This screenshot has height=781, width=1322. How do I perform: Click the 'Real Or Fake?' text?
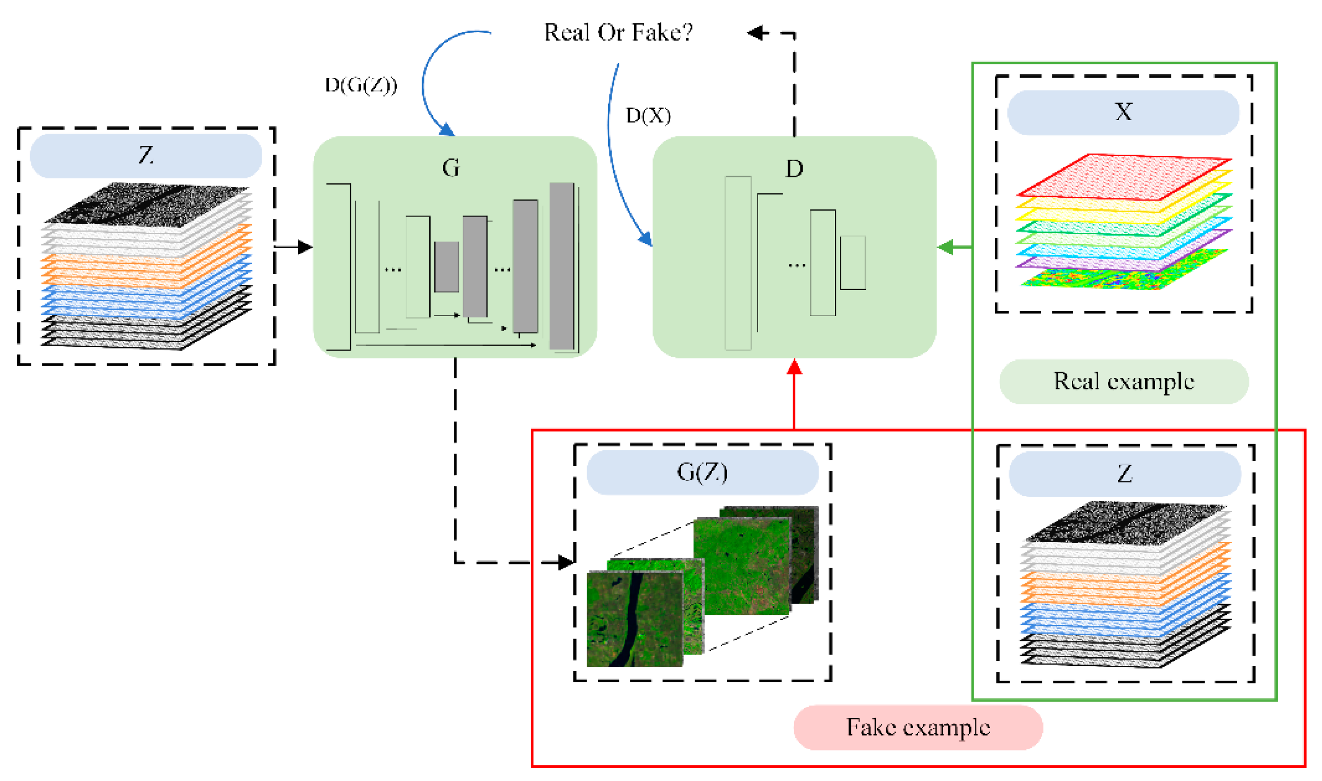click(x=618, y=33)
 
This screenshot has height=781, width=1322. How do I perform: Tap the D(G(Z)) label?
click(x=361, y=85)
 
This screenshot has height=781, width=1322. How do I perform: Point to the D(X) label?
click(x=648, y=115)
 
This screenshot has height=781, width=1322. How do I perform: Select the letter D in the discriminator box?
click(x=794, y=169)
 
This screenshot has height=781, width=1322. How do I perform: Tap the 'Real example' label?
click(x=1124, y=382)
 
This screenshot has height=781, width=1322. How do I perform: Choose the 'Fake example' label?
click(x=918, y=727)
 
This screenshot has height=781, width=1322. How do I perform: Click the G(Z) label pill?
click(x=702, y=472)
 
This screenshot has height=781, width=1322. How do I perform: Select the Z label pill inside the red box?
click(x=1125, y=474)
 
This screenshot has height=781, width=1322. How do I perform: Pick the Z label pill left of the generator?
click(x=146, y=156)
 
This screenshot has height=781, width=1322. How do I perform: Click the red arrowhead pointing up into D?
click(x=794, y=367)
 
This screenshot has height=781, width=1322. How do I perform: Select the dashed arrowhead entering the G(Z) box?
click(x=566, y=563)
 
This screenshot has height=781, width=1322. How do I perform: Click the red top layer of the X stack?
click(x=1123, y=177)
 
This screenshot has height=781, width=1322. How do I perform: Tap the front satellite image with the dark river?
click(x=634, y=619)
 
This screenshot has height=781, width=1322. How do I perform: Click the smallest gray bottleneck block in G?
click(x=447, y=267)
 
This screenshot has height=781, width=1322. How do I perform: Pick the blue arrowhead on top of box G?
click(x=447, y=130)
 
